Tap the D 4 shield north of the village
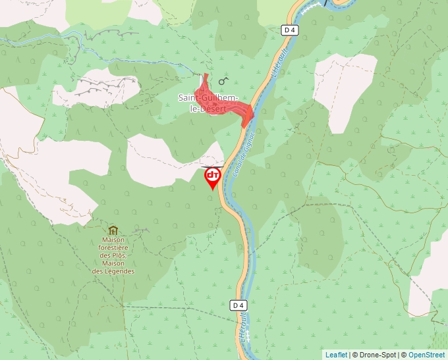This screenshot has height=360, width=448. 289,30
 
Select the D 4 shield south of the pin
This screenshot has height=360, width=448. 239,305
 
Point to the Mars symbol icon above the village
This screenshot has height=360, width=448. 223,81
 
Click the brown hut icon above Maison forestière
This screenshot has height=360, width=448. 113,230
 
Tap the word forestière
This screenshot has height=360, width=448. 113,248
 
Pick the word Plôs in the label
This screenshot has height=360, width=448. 119,256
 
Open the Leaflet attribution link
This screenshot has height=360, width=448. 336,355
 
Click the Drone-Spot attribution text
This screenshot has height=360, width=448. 376,355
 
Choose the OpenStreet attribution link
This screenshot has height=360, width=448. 426,355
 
